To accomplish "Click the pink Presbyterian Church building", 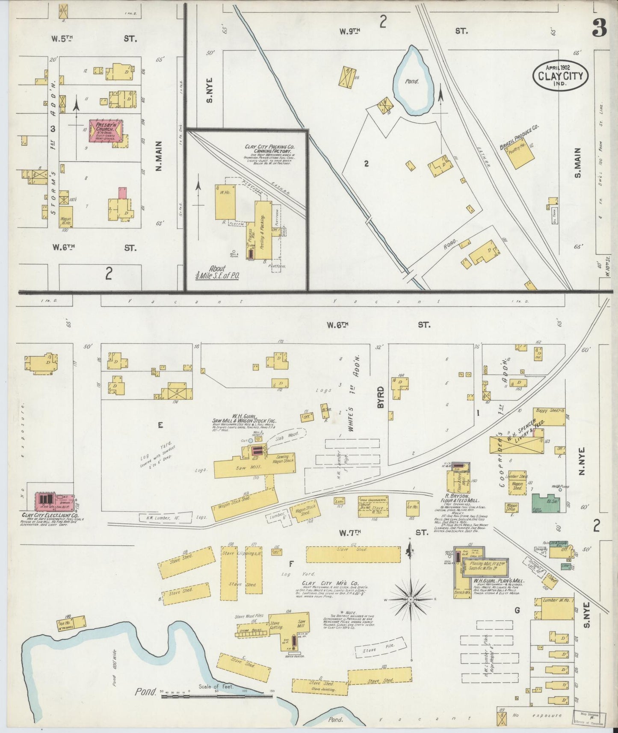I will coord(105,131).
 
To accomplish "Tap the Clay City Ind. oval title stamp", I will coord(560,77).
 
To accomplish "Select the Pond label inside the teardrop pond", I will coord(412,81).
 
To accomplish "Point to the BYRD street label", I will coord(381,396).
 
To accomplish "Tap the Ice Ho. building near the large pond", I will coord(71,624).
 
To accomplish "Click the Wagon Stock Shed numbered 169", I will coord(244,505).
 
